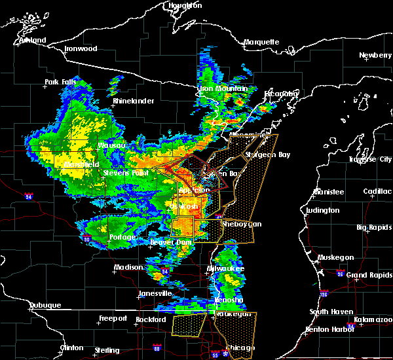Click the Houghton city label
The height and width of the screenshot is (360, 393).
(185, 5)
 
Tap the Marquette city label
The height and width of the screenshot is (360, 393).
(261, 42)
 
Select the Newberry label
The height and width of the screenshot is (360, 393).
(375, 56)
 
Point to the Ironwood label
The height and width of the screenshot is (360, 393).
(81, 49)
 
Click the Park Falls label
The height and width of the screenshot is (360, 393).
(61, 82)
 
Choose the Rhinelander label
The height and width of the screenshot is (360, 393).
(133, 101)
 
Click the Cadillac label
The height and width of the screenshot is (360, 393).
(377, 191)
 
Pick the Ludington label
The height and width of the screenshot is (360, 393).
(322, 210)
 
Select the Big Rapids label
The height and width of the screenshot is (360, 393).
(375, 228)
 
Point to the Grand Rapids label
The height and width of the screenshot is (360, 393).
(369, 275)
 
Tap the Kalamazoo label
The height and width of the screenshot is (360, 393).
(371, 319)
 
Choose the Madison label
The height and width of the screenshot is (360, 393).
(128, 267)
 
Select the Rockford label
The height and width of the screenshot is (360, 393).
(151, 319)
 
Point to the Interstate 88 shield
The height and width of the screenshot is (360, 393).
(157, 347)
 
